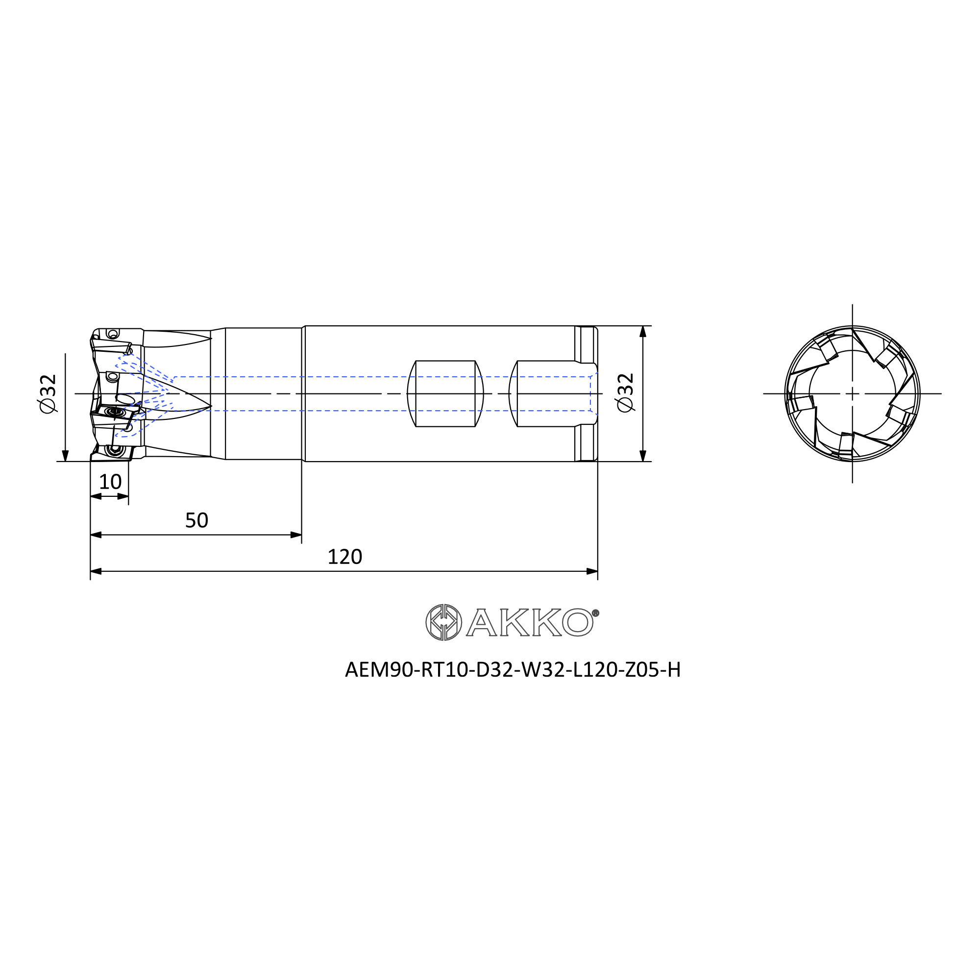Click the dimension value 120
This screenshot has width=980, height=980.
tap(345, 557)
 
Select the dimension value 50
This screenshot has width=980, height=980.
tap(196, 520)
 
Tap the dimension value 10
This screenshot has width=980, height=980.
tap(110, 482)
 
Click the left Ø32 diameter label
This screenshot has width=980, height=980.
tap(48, 393)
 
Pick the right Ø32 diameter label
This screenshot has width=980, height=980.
tap(625, 393)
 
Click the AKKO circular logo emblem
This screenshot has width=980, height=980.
tap(444, 622)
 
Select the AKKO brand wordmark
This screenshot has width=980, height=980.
tap(530, 622)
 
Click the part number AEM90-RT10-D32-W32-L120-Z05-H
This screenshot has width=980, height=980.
tap(513, 670)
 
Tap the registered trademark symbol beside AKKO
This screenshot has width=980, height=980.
tap(596, 613)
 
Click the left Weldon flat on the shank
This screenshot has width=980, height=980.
tap(445, 393)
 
